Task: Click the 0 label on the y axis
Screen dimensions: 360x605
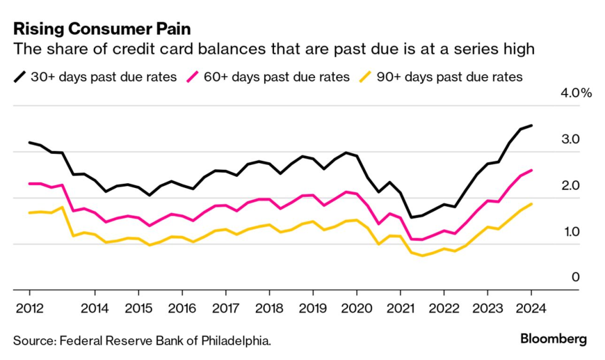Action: (575, 277)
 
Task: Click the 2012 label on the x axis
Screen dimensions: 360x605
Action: (29, 309)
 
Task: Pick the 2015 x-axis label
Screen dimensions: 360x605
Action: (138, 309)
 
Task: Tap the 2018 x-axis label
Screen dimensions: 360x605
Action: (269, 309)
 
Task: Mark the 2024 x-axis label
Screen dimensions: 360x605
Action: (531, 309)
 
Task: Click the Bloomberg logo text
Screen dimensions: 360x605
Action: (554, 339)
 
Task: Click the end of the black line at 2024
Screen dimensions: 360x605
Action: (532, 125)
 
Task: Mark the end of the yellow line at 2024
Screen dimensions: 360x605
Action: (532, 204)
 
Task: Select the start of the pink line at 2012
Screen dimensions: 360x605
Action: (30, 184)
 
